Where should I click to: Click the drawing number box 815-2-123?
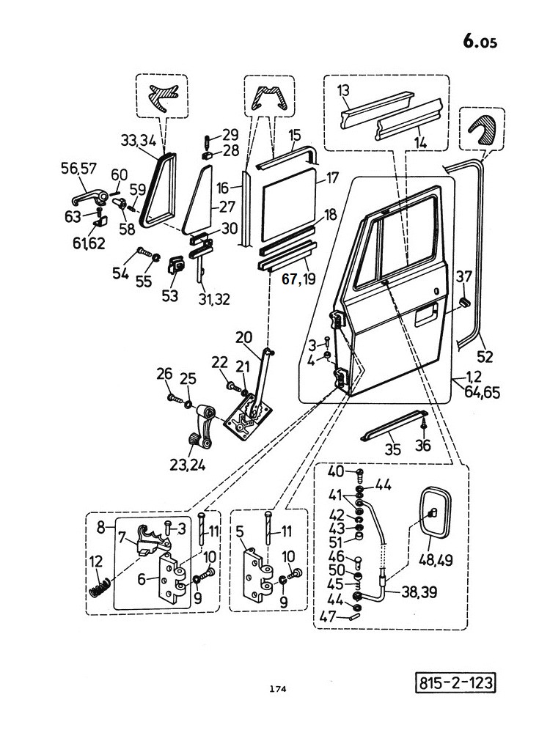(x=455, y=682)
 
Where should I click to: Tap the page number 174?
(x=277, y=688)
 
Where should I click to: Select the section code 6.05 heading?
(x=480, y=41)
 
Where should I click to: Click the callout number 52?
(x=485, y=357)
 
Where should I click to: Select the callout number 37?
(x=464, y=277)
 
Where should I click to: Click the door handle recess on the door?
(x=425, y=314)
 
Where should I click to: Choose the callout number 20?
(x=243, y=337)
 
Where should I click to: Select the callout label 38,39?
(x=419, y=592)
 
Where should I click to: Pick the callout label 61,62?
(x=89, y=243)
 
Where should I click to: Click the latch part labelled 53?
(x=175, y=267)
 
